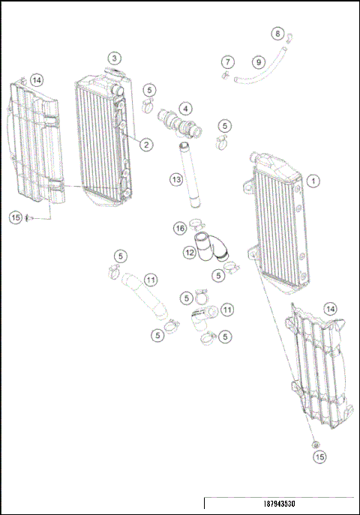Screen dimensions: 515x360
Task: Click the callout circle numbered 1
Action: (313, 181)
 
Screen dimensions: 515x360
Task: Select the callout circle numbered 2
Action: (146, 145)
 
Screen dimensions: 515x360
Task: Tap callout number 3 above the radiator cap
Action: (113, 58)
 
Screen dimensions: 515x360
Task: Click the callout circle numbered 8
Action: (278, 34)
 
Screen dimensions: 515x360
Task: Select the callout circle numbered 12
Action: (190, 253)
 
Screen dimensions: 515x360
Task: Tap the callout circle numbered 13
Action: (175, 179)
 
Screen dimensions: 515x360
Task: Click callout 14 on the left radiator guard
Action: (37, 79)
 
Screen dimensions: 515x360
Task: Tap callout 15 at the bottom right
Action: (320, 456)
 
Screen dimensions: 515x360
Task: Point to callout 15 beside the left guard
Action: (16, 217)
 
